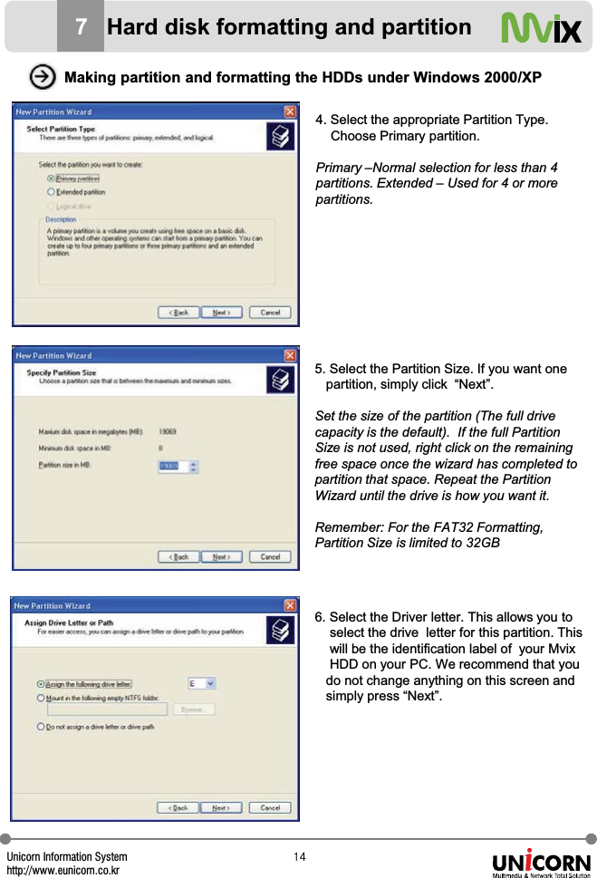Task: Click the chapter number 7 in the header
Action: pyautogui.click(x=81, y=28)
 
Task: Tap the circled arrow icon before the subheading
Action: pyautogui.click(x=41, y=77)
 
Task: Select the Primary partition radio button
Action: pyautogui.click(x=51, y=179)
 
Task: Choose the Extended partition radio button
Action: pyautogui.click(x=51, y=192)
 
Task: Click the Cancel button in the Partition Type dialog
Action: pyautogui.click(x=270, y=313)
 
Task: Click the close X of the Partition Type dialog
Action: pyautogui.click(x=290, y=111)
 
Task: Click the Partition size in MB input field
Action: pyautogui.click(x=173, y=467)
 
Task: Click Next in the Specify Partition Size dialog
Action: pyautogui.click(x=221, y=557)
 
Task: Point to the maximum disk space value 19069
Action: pyautogui.click(x=168, y=432)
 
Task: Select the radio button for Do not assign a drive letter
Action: pyautogui.click(x=41, y=727)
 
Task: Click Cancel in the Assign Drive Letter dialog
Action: pyautogui.click(x=270, y=807)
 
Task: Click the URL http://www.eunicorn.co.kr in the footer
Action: pyautogui.click(x=63, y=871)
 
